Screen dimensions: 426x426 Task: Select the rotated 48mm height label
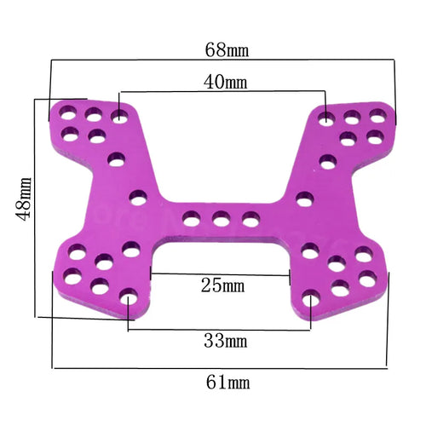[x=23, y=199]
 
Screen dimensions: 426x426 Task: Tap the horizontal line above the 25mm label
[x=222, y=273]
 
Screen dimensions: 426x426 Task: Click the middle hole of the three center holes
[x=222, y=220]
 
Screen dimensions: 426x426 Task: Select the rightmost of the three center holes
[x=250, y=220]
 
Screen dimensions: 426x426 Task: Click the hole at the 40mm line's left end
[x=120, y=113]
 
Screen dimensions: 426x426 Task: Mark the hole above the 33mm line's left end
[x=129, y=299]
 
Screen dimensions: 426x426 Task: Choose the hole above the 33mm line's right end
[x=312, y=300]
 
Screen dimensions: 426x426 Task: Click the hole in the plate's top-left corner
[x=65, y=111]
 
